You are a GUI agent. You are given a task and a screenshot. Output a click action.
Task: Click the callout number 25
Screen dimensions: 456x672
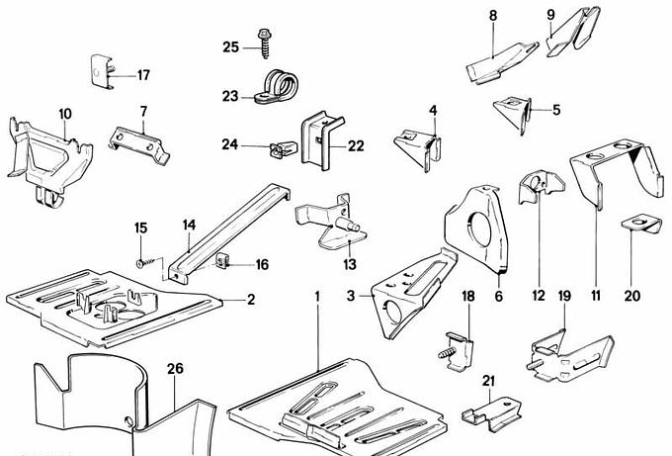tap(230, 46)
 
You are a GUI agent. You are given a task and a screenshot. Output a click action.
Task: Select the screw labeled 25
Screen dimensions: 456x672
tap(266, 41)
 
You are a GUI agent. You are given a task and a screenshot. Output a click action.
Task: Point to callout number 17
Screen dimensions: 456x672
tap(143, 75)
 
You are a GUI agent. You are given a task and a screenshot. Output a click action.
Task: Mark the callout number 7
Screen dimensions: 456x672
tap(143, 111)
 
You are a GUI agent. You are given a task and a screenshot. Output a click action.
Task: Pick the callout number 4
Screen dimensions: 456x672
tap(433, 109)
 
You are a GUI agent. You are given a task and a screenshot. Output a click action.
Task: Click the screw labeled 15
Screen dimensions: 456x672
tap(146, 260)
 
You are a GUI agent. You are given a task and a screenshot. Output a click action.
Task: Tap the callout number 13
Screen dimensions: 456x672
tap(349, 264)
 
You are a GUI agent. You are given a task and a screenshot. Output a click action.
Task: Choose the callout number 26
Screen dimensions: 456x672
tap(175, 370)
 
